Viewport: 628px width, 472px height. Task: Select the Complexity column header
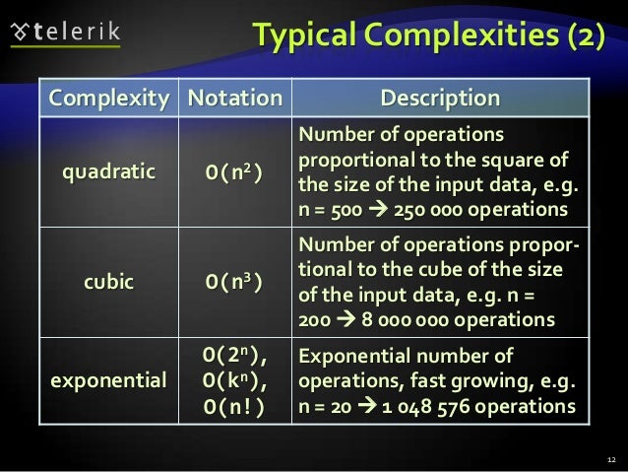[109, 99]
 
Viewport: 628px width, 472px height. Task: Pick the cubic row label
[109, 280]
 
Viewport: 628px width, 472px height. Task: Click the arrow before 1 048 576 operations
[375, 405]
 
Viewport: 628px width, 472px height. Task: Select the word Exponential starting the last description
[352, 356]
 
